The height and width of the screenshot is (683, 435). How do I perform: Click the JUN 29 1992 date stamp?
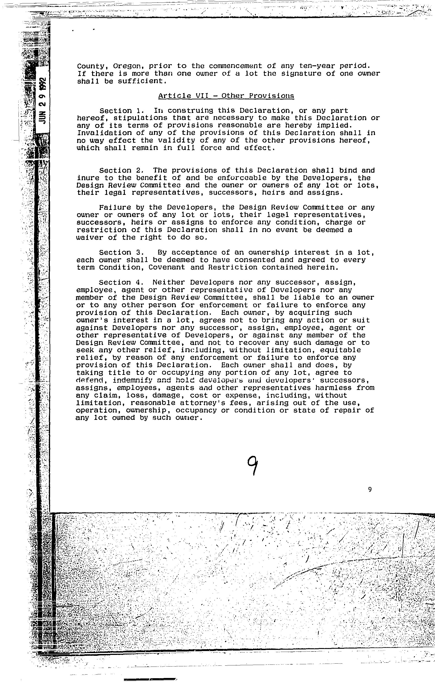click(x=42, y=101)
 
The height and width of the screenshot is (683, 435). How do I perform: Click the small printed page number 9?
click(x=370, y=489)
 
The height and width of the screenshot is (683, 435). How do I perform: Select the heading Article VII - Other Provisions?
click(x=226, y=96)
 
